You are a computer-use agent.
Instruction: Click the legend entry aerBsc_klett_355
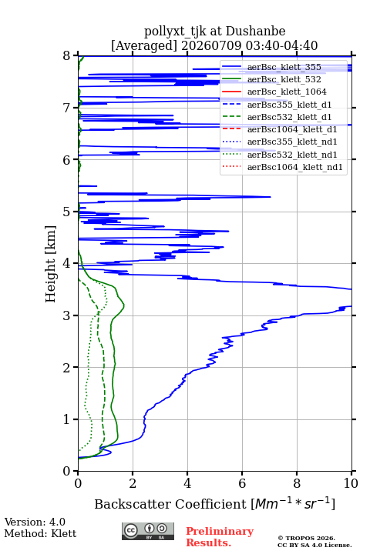(x=284, y=67)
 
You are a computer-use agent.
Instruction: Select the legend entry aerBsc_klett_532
(x=284, y=79)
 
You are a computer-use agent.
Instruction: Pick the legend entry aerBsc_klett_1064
(x=287, y=92)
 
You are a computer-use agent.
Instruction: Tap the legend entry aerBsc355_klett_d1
(x=289, y=105)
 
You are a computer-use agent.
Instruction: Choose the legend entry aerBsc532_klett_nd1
(x=292, y=155)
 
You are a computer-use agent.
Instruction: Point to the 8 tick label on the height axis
(x=67, y=55)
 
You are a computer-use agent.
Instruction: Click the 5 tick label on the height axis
(x=67, y=212)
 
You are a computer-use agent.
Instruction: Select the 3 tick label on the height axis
(x=67, y=315)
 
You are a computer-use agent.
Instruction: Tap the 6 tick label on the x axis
(x=242, y=483)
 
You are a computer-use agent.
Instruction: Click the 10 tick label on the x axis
(x=351, y=483)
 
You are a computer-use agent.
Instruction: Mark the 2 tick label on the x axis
(x=133, y=483)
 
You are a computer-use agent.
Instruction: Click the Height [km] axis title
(x=51, y=264)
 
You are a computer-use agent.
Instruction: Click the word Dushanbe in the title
(x=255, y=32)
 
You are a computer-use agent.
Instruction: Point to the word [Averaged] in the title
(x=143, y=46)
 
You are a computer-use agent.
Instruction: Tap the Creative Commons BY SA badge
(x=148, y=532)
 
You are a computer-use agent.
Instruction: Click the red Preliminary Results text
(x=220, y=537)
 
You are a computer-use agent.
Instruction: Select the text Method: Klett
(x=40, y=533)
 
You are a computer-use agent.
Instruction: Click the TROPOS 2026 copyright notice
(x=307, y=538)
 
